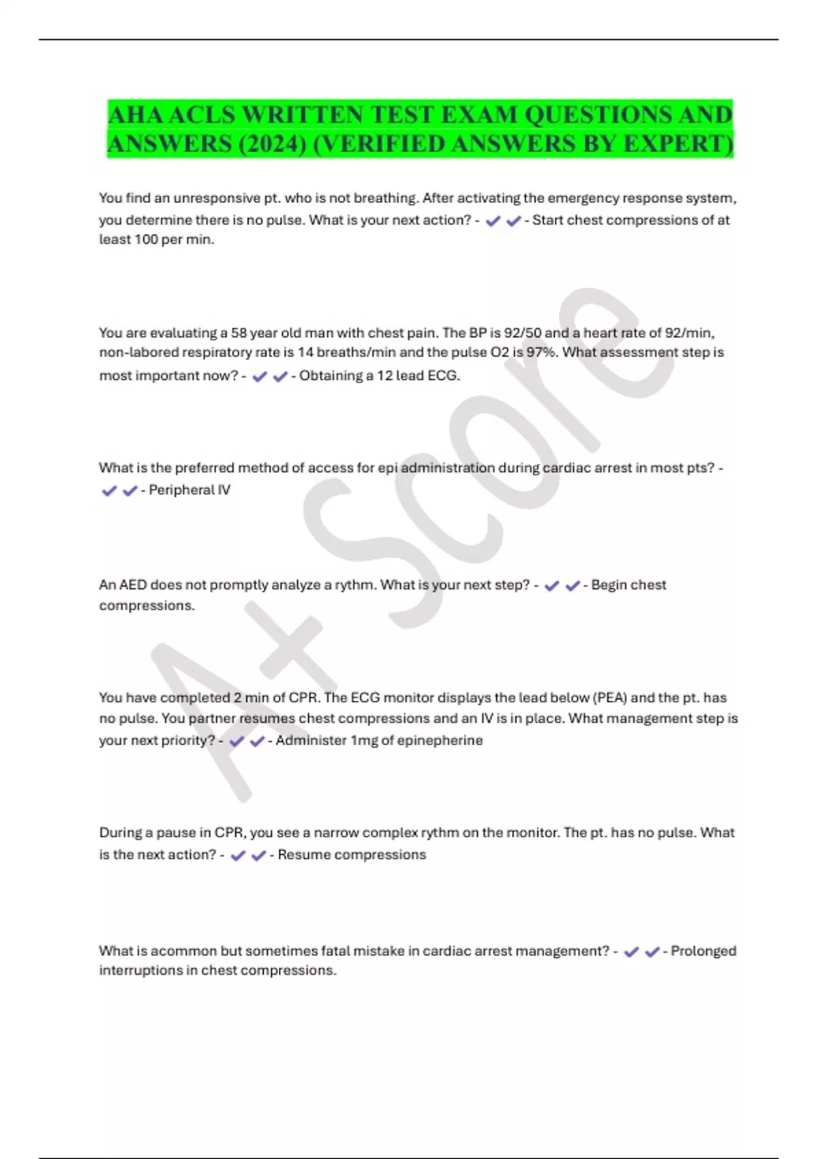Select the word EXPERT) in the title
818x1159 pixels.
(679, 145)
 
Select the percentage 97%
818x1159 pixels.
(543, 352)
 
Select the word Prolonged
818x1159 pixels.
(703, 951)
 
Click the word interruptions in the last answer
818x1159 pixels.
(140, 970)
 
